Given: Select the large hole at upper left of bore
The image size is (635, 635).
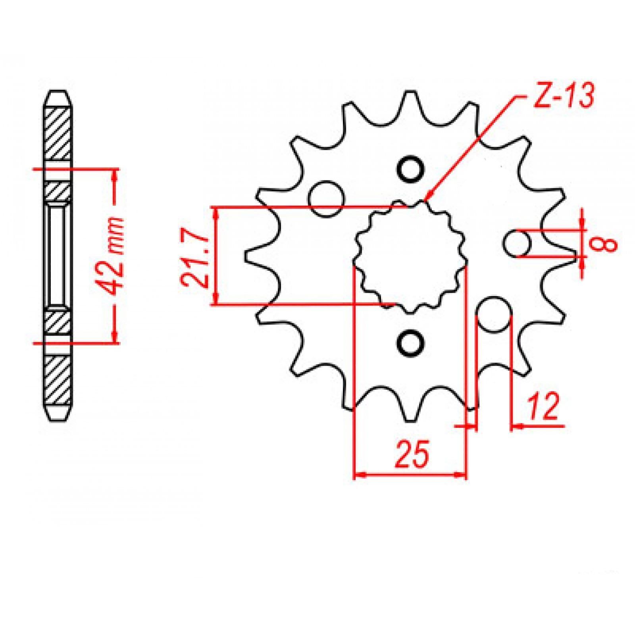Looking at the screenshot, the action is tap(326, 198).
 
